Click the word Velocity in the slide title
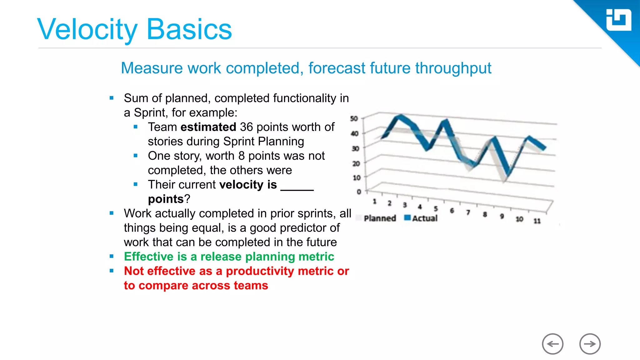(87, 30)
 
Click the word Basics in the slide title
(189, 30)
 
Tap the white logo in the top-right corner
(618, 20)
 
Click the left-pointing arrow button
(552, 344)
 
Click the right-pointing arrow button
(590, 344)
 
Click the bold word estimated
(208, 127)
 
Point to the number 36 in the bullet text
(246, 127)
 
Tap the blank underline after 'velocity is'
(297, 187)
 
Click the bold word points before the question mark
(166, 199)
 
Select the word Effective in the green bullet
(148, 257)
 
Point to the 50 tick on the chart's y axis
(354, 119)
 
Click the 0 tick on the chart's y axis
(359, 192)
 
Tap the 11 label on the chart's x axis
(537, 221)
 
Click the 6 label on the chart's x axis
(452, 211)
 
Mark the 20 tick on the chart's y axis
(356, 163)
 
